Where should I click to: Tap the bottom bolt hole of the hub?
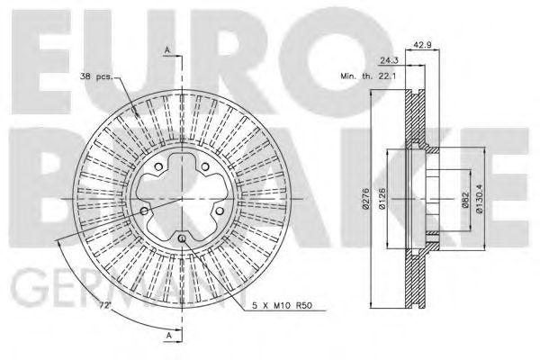pyautogui.click(x=183, y=237)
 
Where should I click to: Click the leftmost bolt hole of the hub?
pyautogui.click(x=143, y=211)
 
